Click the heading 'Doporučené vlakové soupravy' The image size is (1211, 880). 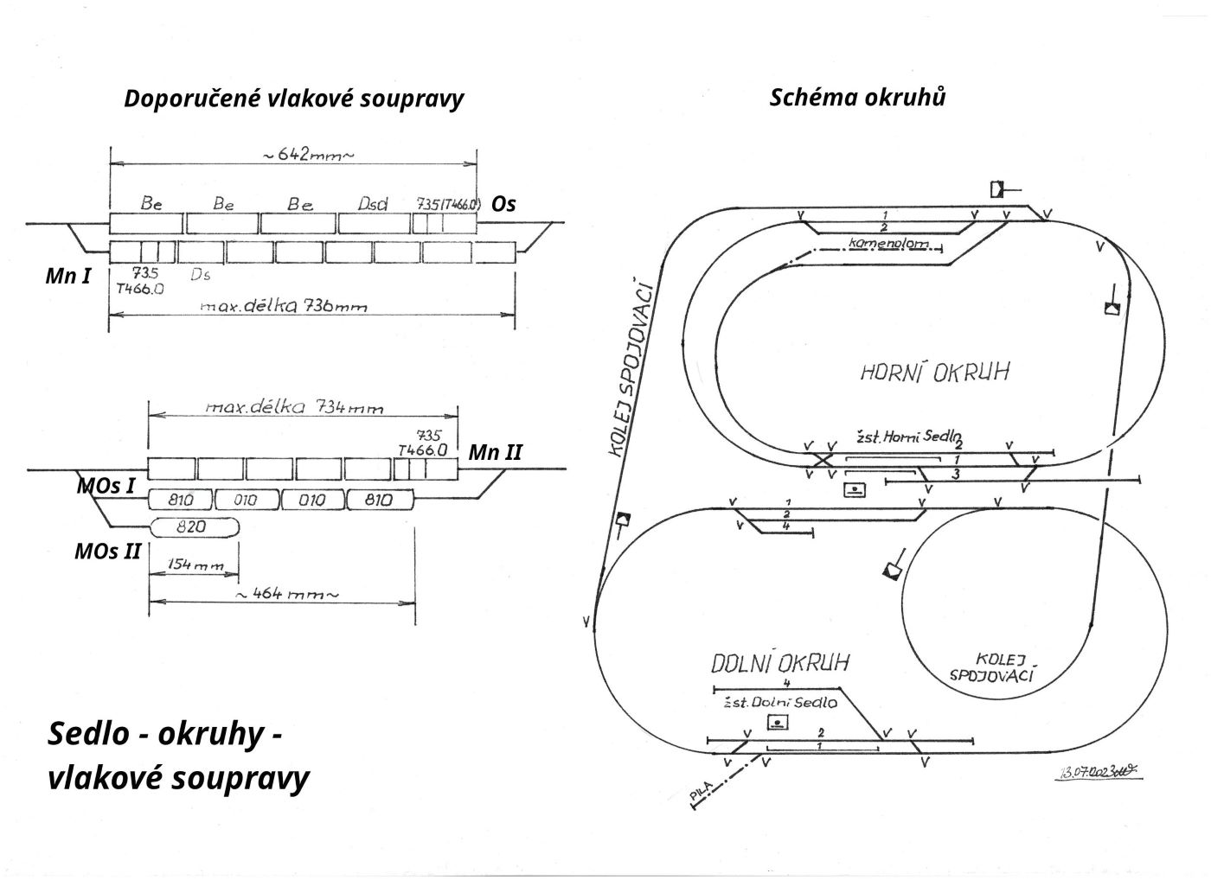(x=293, y=99)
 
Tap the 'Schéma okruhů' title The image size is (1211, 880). (x=857, y=97)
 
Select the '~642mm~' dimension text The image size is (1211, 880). (x=308, y=156)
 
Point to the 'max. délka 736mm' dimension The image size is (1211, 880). (x=284, y=305)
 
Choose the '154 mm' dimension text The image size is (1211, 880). (x=194, y=566)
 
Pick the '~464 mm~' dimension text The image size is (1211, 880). (x=285, y=595)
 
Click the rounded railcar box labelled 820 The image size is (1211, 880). (x=195, y=526)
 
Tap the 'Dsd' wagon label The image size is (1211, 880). (x=373, y=204)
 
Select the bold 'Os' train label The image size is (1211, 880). (x=503, y=204)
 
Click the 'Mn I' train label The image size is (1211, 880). (x=68, y=277)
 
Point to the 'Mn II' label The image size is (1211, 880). (x=495, y=452)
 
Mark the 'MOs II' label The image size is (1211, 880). (x=107, y=550)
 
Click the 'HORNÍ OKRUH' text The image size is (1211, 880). (x=935, y=372)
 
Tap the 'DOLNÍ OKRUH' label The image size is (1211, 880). (x=780, y=663)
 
